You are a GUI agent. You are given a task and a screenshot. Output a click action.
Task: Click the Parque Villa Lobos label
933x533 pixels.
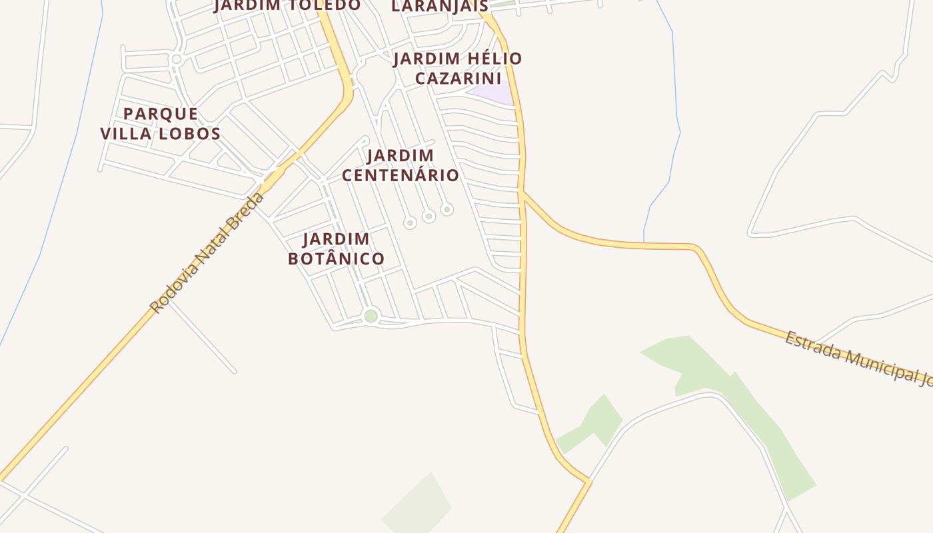[x=161, y=123]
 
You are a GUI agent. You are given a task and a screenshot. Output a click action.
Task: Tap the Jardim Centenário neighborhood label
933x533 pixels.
[x=401, y=165]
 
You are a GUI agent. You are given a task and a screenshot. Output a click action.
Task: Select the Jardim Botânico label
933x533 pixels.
[x=337, y=249]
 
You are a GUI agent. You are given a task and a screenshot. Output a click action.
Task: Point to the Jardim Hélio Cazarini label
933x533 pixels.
[x=457, y=68]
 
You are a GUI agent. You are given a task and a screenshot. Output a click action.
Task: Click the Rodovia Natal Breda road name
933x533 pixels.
[x=207, y=253]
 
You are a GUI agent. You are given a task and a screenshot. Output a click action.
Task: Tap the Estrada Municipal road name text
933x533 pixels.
[x=856, y=356]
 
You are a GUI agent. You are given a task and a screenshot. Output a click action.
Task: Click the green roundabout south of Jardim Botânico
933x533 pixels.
[x=371, y=316]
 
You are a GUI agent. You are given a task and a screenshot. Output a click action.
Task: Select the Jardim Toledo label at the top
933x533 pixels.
[x=287, y=5]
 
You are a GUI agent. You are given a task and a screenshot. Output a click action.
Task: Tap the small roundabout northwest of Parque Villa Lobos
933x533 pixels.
[x=177, y=59]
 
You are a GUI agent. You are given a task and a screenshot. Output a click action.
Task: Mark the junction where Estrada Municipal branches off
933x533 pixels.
[x=523, y=193]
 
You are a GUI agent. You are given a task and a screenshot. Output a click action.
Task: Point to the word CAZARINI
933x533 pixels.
[x=457, y=78]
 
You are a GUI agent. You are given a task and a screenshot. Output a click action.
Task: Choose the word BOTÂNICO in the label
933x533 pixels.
[x=337, y=259]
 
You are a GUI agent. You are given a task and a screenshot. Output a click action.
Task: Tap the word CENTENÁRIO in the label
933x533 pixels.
[x=401, y=175]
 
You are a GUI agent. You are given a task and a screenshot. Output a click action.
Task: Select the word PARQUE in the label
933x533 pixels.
[x=161, y=113]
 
